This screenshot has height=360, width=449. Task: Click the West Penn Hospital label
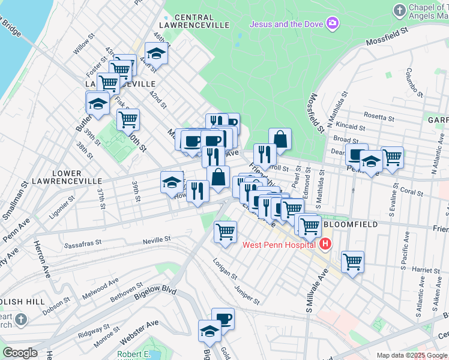click(279, 245)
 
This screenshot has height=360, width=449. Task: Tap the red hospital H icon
click(325, 244)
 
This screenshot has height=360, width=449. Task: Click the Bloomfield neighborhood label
click(351, 224)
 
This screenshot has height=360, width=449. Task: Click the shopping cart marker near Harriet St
click(352, 261)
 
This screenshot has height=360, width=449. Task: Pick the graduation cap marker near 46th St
click(157, 52)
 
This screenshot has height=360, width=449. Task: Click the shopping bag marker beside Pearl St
click(280, 139)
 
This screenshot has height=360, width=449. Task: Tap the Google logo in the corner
click(20, 353)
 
